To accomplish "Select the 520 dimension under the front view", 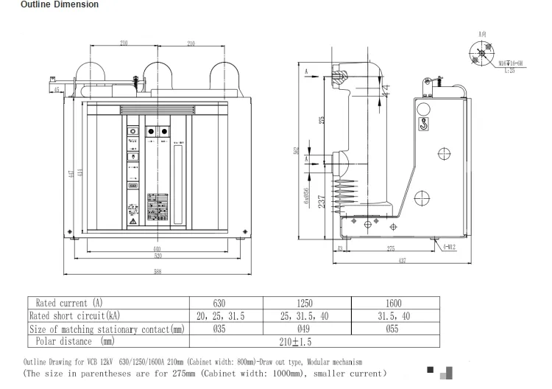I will pyautogui.click(x=157, y=258).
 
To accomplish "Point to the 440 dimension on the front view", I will pyautogui.click(x=157, y=249).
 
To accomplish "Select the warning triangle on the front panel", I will pyautogui.click(x=132, y=220).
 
